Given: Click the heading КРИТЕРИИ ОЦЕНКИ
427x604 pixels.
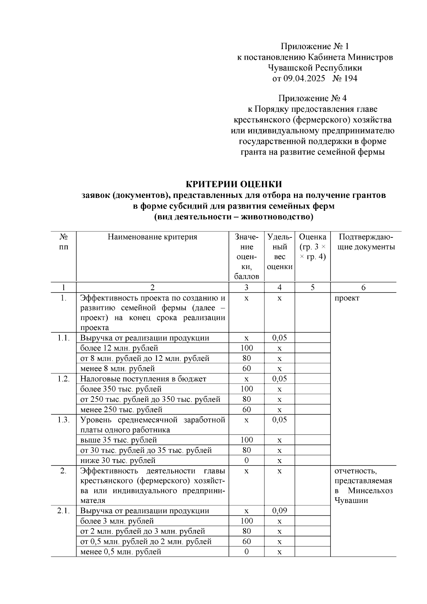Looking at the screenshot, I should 234,184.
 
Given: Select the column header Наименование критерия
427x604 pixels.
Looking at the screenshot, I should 152,237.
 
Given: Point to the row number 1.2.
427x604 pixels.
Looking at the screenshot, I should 64,379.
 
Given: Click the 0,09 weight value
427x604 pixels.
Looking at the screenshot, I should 279,511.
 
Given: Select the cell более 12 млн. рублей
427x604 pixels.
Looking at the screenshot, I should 119,348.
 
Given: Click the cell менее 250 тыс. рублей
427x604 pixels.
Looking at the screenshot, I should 121,410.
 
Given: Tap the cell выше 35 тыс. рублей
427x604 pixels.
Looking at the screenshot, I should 118,440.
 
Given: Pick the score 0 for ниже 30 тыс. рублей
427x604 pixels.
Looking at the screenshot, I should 247,461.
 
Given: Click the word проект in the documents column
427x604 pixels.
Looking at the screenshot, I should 347,298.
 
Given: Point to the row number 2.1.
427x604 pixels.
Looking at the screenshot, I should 64,511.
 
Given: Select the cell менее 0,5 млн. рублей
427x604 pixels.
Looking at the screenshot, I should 121,552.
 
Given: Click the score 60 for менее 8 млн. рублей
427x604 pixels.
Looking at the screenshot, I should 247,369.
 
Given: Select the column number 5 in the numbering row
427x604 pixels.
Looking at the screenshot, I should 312,287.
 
